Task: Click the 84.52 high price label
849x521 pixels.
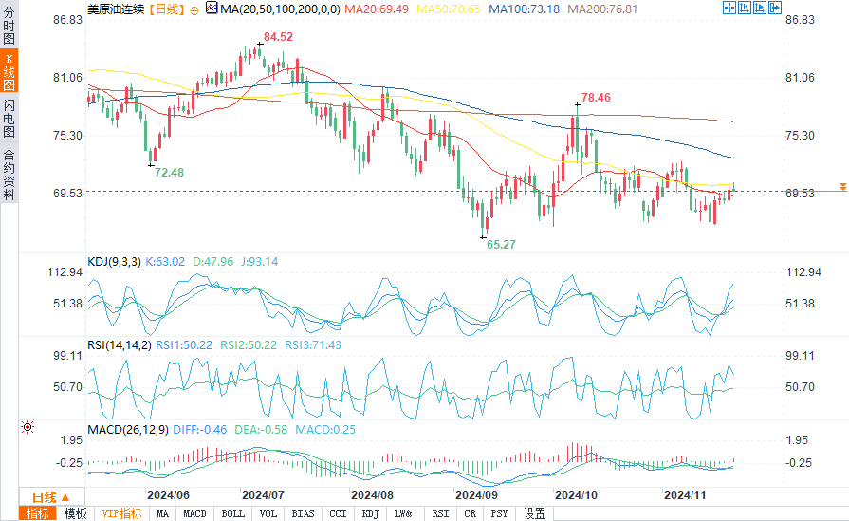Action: point(278,37)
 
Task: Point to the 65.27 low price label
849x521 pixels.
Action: point(502,244)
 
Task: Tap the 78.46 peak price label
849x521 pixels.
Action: point(596,97)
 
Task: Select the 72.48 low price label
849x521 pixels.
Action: point(169,172)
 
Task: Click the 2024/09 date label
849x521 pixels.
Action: point(477,494)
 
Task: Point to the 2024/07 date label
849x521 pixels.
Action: point(263,494)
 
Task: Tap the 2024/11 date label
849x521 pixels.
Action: point(685,494)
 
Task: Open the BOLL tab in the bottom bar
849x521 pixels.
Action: point(232,513)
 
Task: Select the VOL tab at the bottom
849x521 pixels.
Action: point(268,513)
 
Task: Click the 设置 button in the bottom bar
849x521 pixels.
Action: point(535,513)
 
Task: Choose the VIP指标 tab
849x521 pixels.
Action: point(121,513)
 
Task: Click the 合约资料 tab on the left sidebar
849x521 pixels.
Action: point(9,175)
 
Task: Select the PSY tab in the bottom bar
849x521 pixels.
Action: point(499,513)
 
